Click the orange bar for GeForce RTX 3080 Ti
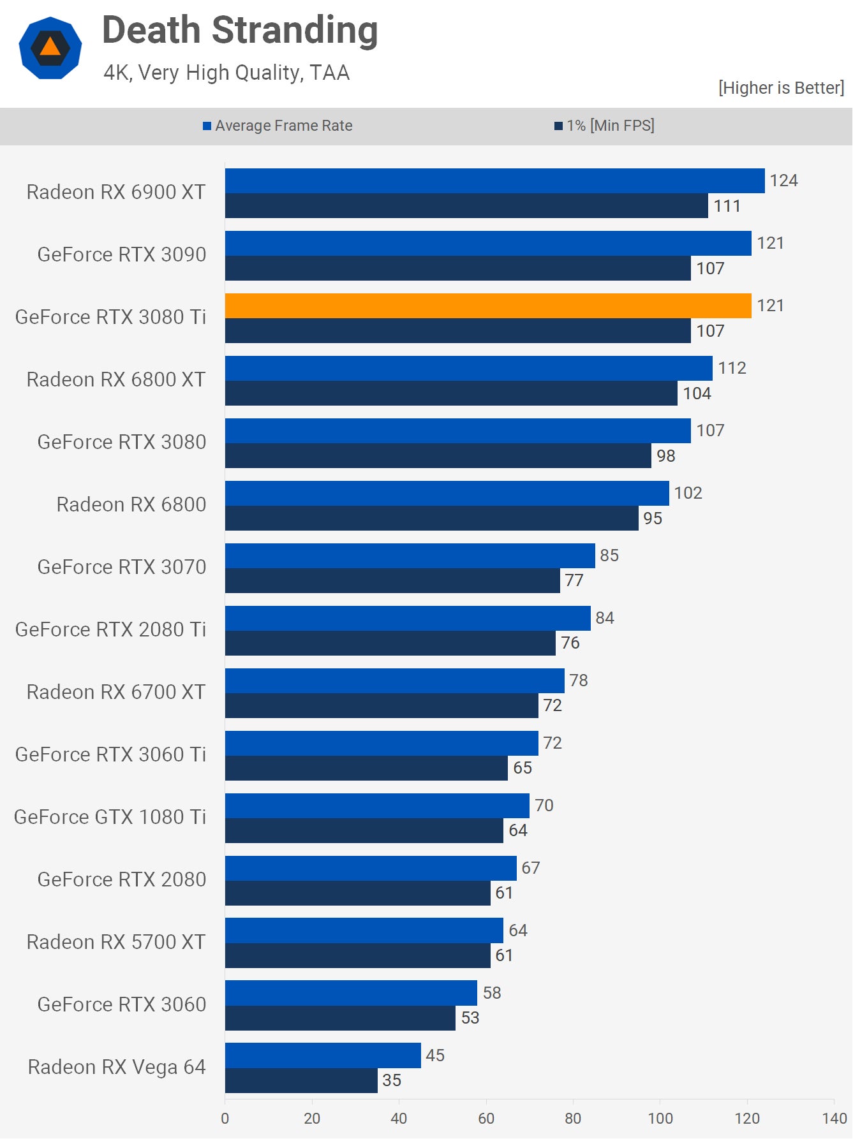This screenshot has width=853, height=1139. point(488,306)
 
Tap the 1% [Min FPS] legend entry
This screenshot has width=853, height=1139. point(604,126)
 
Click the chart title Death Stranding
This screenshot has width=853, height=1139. point(240,31)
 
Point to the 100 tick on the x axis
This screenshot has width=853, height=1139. point(660,1118)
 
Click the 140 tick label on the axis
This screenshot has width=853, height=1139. point(834,1118)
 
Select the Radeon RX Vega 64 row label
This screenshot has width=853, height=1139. point(117,1067)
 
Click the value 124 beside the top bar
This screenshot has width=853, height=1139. point(783,180)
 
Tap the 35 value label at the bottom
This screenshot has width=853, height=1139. point(392,1080)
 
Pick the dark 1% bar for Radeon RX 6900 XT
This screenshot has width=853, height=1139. point(466,206)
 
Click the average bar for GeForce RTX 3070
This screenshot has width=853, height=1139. point(410,555)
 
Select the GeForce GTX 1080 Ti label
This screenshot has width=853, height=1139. point(110,817)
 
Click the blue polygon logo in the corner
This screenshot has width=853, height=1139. point(50,48)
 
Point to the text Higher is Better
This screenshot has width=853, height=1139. point(781,88)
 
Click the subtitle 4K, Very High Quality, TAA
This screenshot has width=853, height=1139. point(226,73)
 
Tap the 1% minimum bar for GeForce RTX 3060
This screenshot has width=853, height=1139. point(340,1018)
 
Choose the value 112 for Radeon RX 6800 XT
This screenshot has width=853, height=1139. point(732,368)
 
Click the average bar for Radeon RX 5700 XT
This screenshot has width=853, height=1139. point(364,930)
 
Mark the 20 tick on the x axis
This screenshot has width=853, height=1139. point(312,1118)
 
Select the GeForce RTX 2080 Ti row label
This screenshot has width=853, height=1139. point(110,629)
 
